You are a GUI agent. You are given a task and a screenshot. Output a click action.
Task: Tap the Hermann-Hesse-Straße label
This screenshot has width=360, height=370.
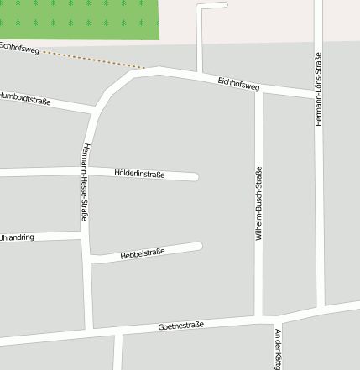[x=85, y=182]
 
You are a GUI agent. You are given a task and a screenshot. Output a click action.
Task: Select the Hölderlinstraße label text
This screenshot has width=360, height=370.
[x=138, y=175]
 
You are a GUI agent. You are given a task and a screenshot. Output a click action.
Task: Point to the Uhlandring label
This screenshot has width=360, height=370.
[x=17, y=237]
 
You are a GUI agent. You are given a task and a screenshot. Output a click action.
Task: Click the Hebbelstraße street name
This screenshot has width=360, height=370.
[x=143, y=253]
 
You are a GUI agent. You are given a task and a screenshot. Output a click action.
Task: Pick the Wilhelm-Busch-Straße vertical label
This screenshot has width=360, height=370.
[x=258, y=204]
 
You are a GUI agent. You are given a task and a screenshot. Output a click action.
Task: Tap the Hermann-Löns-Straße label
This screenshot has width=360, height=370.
[x=319, y=90]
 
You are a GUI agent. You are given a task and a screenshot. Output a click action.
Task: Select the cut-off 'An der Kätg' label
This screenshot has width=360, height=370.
[x=278, y=348]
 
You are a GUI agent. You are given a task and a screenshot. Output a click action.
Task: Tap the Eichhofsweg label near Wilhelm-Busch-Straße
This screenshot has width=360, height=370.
[x=238, y=83]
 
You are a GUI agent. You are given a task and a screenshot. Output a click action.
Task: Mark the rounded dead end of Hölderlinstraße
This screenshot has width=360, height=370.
[x=194, y=176]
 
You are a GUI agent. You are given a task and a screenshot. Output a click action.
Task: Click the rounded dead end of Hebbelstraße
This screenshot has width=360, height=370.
[x=198, y=247]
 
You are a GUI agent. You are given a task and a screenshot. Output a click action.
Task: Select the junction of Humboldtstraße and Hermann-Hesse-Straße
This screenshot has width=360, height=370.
[x=94, y=108]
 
